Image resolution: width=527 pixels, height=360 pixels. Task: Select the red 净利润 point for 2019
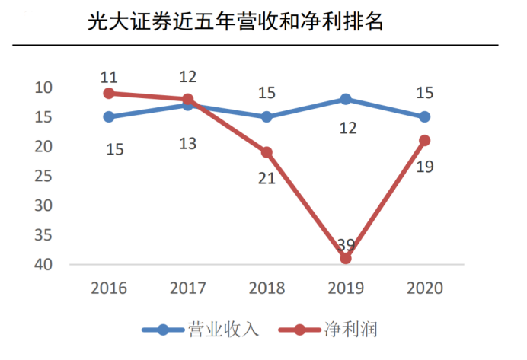click(x=346, y=258)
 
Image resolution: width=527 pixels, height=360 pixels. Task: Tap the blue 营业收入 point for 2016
click(x=109, y=116)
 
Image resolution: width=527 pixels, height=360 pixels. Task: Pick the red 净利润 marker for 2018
click(x=267, y=152)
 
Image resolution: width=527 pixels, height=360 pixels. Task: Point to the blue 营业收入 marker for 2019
click(x=346, y=99)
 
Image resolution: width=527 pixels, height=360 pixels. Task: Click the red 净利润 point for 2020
click(x=424, y=140)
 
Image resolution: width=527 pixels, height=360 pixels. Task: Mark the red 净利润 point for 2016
click(x=109, y=93)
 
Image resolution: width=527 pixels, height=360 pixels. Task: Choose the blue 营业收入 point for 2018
click(x=267, y=116)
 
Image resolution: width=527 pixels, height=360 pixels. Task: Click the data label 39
click(x=346, y=244)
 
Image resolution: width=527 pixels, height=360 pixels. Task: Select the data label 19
click(x=425, y=166)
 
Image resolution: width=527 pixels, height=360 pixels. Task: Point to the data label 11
click(x=109, y=77)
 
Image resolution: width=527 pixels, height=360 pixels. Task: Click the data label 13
click(x=188, y=142)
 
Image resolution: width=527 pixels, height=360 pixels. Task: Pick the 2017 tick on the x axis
click(x=187, y=288)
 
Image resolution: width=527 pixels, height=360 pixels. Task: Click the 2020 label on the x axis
click(x=424, y=288)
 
